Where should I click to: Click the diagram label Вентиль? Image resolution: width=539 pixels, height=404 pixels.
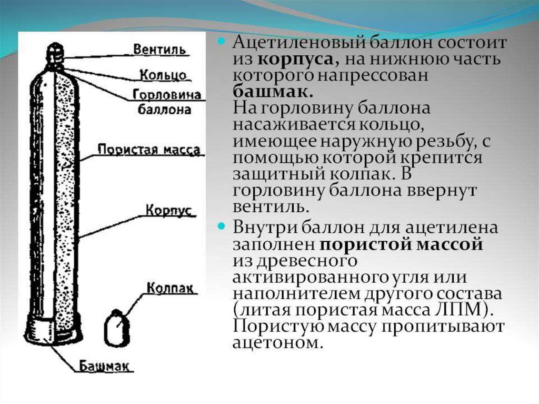[x=159, y=50]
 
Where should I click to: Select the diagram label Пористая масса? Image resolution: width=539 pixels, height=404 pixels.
[x=149, y=150]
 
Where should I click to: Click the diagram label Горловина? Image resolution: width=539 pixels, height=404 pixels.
[x=167, y=95]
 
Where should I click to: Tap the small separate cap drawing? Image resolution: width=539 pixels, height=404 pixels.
[x=116, y=328]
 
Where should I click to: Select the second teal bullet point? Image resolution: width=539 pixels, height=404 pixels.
[x=222, y=227]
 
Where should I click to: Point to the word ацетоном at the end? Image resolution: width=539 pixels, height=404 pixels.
[x=276, y=342]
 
